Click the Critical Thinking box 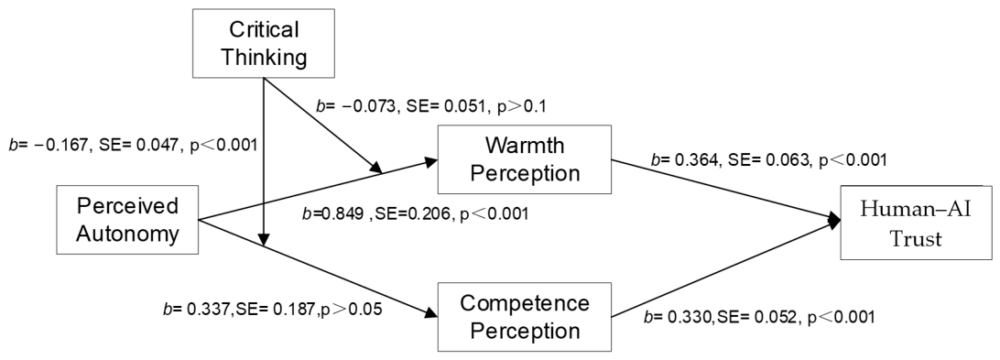[x=264, y=43]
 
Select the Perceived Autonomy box [x=127, y=220]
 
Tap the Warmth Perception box [x=524, y=159]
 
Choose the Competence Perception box [x=524, y=317]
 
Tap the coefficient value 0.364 [x=692, y=159]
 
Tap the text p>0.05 [x=348, y=310]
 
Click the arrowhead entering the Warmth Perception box [x=431, y=161]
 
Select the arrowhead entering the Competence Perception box [x=431, y=312]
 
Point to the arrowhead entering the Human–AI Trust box [x=834, y=220]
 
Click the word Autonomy [x=127, y=234]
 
